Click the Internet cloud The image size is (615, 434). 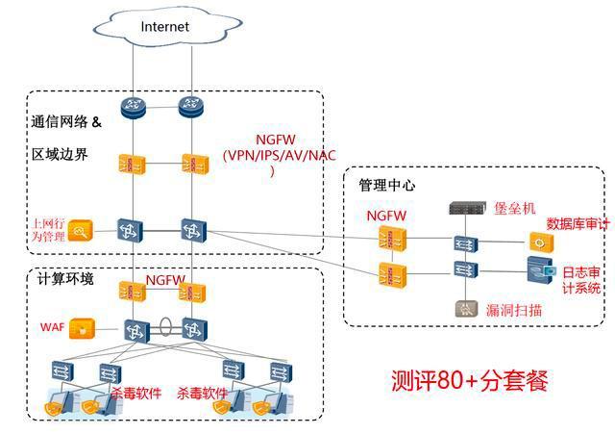click(x=165, y=27)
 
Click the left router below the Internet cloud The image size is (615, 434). click(x=132, y=107)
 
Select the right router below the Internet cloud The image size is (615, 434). click(x=192, y=107)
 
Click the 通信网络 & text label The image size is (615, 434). click(x=73, y=123)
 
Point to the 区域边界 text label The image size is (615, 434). click(x=60, y=154)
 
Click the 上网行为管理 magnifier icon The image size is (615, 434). click(x=80, y=229)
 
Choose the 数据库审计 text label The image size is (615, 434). click(x=578, y=223)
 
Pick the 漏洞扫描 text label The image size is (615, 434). click(x=515, y=310)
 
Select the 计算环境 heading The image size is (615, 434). click(x=65, y=279)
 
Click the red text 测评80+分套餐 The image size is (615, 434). click(x=469, y=379)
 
